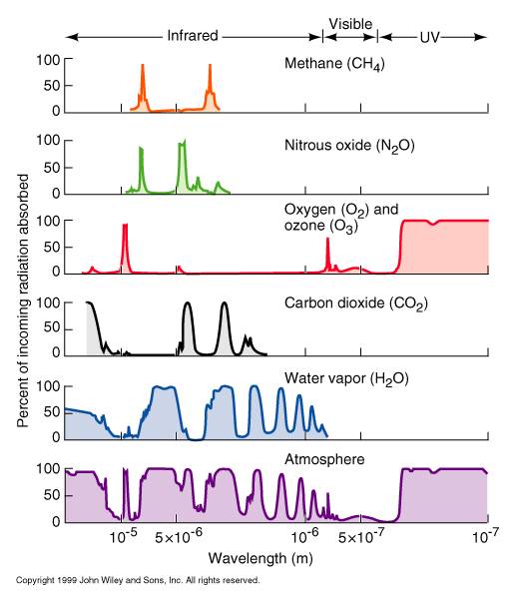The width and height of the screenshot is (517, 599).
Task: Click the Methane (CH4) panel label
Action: click(334, 64)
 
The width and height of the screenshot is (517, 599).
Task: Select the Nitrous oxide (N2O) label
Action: click(349, 146)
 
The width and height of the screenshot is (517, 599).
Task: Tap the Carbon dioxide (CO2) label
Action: click(356, 303)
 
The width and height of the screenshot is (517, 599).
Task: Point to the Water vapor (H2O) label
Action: click(346, 379)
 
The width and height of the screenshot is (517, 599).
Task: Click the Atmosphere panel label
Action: click(324, 459)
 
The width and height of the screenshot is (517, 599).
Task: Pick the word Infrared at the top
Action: click(193, 36)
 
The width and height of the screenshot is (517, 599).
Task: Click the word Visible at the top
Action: click(350, 24)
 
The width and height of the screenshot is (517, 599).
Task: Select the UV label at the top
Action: click(429, 38)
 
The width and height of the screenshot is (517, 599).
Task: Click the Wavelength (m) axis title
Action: click(260, 558)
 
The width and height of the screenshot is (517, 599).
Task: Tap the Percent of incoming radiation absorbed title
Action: click(23, 300)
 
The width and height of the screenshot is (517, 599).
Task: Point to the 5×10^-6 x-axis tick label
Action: click(178, 537)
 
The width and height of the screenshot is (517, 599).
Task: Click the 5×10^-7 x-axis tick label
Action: click(361, 537)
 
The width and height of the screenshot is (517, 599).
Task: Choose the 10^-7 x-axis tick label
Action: click(485, 536)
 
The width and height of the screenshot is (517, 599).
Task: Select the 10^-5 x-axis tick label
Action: click(123, 536)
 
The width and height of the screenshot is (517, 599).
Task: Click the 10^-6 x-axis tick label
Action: click(304, 536)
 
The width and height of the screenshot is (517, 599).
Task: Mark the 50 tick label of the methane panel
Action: click(52, 86)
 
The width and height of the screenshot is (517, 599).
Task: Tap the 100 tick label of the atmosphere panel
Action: click(48, 469)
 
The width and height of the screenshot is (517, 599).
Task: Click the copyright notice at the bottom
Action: click(138, 580)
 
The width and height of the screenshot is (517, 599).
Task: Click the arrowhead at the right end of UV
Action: click(481, 37)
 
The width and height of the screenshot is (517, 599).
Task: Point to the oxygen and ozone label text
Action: click(341, 218)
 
